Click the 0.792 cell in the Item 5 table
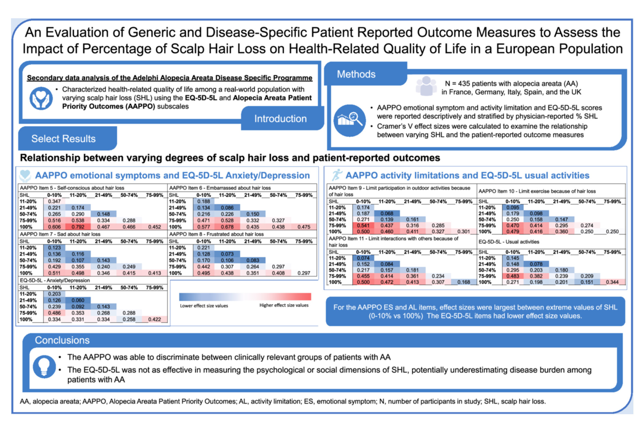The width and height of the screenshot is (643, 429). point(78,227)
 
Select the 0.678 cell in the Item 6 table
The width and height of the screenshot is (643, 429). point(227,227)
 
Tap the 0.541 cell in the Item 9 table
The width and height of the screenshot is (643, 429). point(363,226)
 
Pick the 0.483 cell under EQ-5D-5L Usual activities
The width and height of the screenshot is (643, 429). point(513,276)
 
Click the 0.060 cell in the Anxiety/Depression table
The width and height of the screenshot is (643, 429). point(78,300)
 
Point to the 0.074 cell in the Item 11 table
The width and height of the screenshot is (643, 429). point(363,258)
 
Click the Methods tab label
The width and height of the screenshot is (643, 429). point(356,74)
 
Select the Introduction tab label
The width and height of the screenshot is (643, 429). point(280,119)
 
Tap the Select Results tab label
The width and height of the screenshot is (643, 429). point(64,139)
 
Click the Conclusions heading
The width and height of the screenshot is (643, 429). point(62,340)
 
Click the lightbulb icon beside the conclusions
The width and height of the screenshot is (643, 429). point(44,367)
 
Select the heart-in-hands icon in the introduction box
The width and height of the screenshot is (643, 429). point(41,98)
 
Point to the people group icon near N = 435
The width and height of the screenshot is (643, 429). point(426,86)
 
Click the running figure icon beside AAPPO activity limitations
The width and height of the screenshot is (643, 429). point(337,175)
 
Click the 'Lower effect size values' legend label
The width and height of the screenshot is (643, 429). point(204,306)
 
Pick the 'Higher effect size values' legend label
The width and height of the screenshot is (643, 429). point(284,305)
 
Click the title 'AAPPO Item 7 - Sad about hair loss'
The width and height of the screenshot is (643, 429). point(60,234)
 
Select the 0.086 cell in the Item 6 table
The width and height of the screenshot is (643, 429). point(227,208)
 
